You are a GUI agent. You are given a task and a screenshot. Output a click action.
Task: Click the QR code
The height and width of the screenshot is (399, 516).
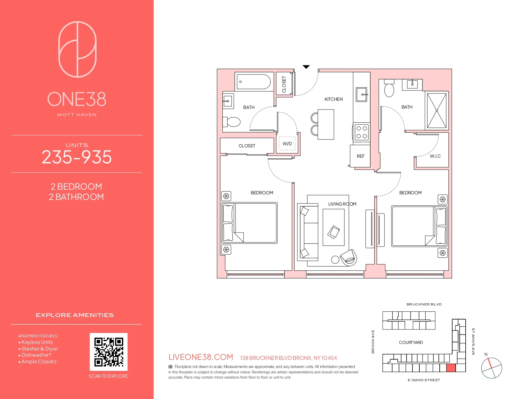[109, 352]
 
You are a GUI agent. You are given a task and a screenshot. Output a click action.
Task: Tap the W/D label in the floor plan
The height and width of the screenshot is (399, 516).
[287, 144]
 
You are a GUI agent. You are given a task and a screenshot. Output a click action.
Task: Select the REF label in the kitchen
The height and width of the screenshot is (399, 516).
[361, 156]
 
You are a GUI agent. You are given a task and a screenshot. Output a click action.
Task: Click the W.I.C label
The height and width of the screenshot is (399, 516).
[435, 156]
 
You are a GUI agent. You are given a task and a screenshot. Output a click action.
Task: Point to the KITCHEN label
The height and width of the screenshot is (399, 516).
[333, 99]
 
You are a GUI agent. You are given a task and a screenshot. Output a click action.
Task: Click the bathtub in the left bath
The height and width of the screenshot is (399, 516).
[253, 82]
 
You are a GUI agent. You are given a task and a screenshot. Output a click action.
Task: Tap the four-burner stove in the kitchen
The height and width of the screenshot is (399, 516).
[362, 132]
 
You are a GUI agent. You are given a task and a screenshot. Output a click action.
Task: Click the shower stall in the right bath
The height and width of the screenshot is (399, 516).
[437, 110]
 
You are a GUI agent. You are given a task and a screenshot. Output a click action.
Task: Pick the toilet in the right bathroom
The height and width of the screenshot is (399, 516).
[389, 89]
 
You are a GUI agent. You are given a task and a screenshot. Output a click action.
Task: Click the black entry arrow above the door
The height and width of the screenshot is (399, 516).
[306, 67]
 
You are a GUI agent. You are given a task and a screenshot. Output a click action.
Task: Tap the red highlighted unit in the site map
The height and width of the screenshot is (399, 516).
[451, 368]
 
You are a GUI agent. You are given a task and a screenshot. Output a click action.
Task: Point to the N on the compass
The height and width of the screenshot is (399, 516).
[486, 354]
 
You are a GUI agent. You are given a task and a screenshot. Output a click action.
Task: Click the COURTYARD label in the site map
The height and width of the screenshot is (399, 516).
[411, 342]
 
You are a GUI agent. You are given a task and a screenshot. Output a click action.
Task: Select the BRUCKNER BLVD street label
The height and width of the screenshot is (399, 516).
[424, 304]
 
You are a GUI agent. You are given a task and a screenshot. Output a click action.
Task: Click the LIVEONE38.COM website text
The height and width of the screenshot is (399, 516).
[201, 357]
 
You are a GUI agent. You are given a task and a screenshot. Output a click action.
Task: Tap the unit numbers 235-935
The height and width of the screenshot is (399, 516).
[77, 157]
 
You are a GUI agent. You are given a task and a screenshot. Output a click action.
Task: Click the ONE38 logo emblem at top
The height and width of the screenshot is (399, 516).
[77, 49]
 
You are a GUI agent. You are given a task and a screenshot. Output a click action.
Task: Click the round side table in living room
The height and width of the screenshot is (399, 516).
[335, 259]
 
